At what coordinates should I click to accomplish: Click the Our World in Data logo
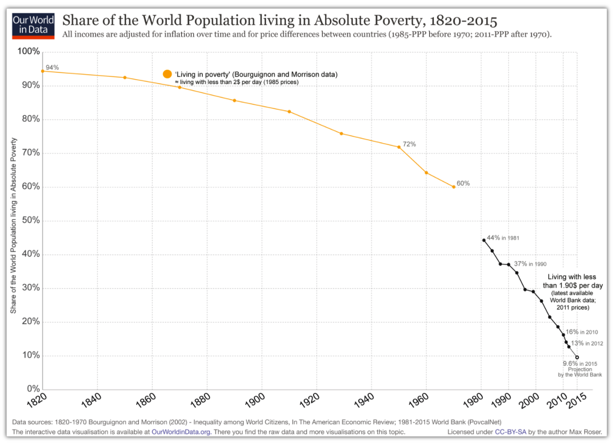33,26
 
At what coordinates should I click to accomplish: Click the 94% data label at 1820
52,67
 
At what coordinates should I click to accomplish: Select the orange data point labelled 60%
454,187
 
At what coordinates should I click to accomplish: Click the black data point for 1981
484,240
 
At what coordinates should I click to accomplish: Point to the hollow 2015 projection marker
577,357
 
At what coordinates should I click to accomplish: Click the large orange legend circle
167,74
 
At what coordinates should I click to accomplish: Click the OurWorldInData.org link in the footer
181,431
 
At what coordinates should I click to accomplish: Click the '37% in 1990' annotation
530,263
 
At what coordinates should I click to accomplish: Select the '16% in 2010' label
581,332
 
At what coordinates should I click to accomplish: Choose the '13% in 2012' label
586,343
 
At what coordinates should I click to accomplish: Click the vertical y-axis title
14,226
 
